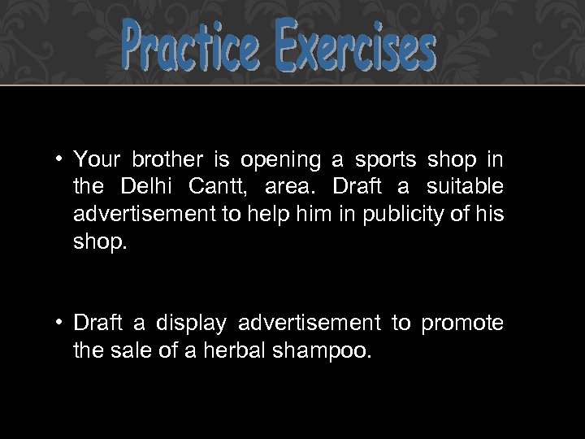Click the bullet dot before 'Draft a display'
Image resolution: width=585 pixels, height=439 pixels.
(x=62, y=324)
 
